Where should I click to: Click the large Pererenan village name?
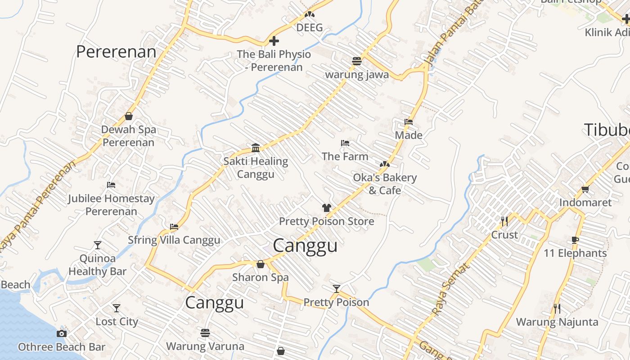tap(116, 52)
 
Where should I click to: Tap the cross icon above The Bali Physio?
tap(274, 41)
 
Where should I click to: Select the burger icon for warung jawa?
tap(357, 61)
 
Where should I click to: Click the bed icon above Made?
tap(409, 121)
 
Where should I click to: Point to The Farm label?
tap(345, 157)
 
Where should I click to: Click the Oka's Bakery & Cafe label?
tap(385, 184)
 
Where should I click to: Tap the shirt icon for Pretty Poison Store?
tap(327, 208)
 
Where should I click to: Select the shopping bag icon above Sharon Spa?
tap(261, 264)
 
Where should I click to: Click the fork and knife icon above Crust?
tap(504, 221)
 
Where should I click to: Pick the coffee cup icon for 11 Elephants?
tap(575, 240)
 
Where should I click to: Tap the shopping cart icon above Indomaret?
tap(585, 189)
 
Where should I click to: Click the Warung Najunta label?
tap(557, 322)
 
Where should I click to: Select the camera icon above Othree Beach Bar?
tap(62, 333)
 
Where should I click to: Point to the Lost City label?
tap(117, 322)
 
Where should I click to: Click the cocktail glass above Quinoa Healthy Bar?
tap(98, 245)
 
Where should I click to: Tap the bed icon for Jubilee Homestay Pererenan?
tap(111, 185)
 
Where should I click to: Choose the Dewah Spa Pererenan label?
tap(128, 136)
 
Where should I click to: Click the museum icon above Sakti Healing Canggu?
tap(256, 148)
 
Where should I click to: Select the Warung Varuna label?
tap(205, 346)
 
